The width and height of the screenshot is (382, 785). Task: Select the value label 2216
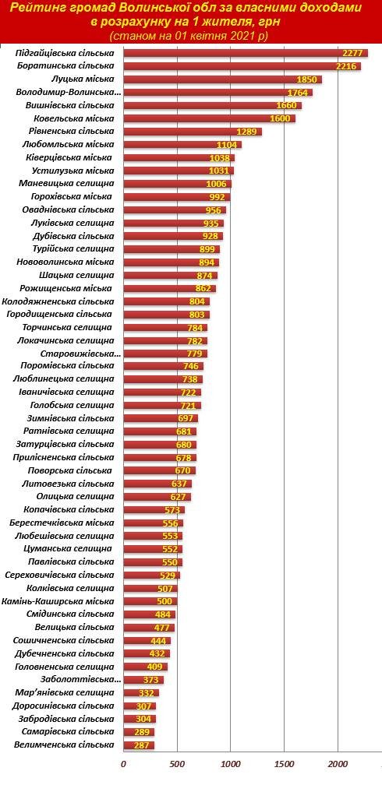tap(346, 66)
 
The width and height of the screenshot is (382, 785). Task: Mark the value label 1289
tap(246, 132)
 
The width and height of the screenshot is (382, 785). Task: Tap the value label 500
tap(164, 601)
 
